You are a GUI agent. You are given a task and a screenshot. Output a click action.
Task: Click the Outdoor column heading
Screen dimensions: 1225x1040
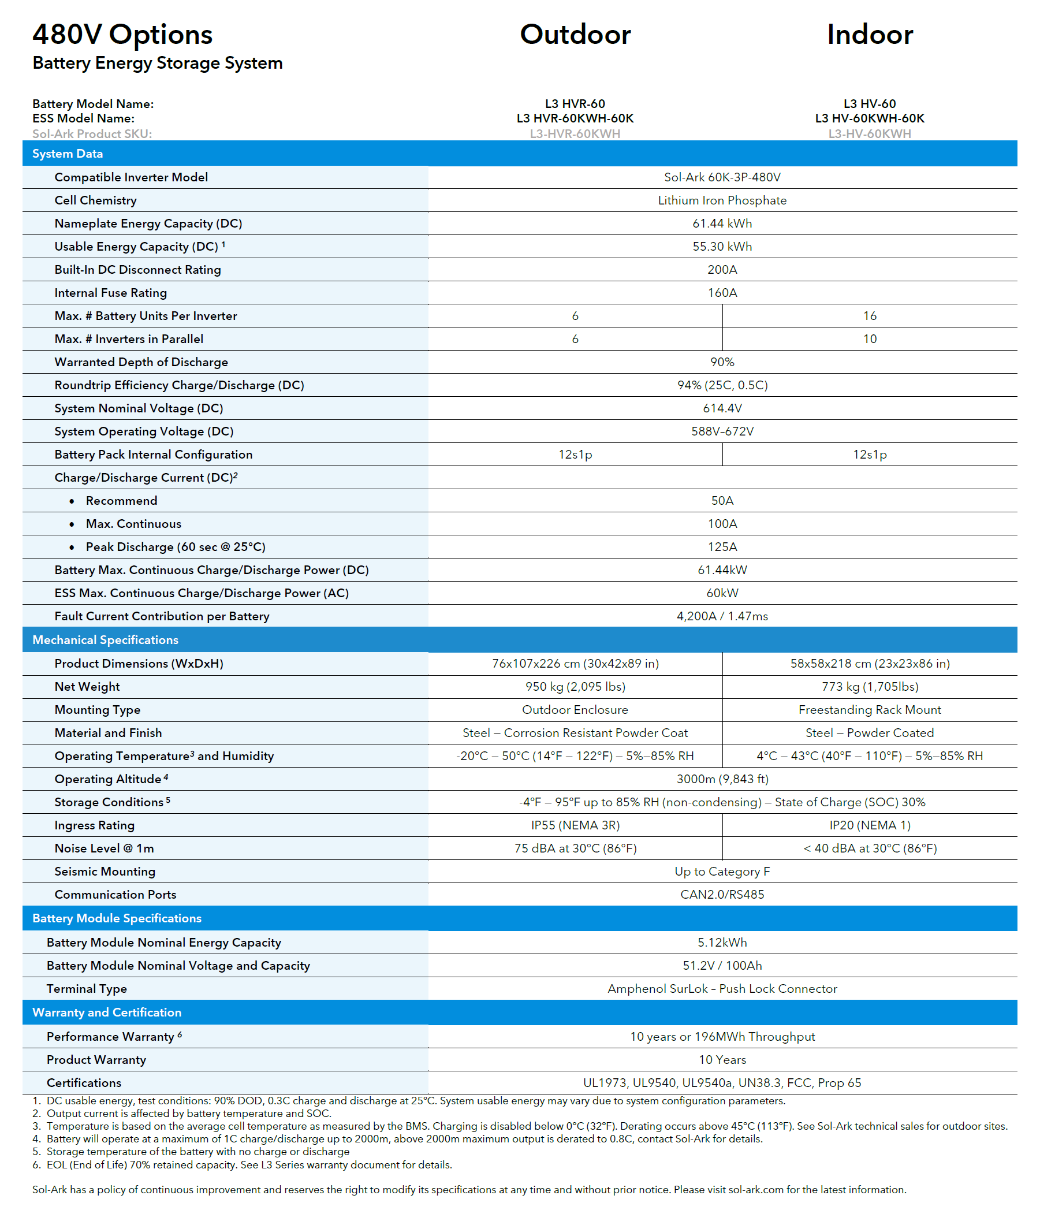575,35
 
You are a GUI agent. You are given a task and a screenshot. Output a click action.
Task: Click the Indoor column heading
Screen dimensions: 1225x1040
870,35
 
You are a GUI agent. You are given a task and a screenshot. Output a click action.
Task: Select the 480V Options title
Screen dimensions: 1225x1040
122,35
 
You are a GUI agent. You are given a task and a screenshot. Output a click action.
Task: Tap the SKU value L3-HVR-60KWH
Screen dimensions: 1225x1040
575,134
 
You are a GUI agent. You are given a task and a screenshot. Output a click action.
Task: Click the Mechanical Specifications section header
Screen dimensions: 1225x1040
106,639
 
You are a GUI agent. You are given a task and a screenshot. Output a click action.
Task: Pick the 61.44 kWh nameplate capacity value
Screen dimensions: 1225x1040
722,224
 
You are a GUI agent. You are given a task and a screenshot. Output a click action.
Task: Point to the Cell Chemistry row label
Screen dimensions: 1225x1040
95,200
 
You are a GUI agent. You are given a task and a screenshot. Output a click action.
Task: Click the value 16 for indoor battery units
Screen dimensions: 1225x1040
870,316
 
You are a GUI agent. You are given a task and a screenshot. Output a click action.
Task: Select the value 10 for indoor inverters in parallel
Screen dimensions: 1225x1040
870,339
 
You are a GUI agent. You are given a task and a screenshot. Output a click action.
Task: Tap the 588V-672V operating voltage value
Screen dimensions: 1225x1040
722,431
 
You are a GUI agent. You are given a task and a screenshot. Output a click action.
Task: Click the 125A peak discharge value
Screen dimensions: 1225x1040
722,547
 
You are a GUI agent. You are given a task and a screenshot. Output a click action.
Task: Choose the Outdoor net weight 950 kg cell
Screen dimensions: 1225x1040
575,687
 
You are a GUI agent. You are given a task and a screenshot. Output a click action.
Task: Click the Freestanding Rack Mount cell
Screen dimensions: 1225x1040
870,710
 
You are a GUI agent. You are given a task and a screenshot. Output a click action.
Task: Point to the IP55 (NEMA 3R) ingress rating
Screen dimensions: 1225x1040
575,825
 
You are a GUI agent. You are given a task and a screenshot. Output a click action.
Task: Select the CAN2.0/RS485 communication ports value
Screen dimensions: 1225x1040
722,894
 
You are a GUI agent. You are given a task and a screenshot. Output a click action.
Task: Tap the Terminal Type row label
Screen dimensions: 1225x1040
87,989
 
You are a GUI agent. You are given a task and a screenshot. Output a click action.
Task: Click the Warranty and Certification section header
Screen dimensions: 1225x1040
107,1012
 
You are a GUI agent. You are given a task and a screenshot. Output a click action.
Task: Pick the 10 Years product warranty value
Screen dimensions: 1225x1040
722,1060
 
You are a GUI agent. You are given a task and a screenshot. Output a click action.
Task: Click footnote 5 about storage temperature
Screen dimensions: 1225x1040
197,1152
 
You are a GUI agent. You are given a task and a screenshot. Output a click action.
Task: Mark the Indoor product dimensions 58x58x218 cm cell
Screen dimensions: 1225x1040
870,664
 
